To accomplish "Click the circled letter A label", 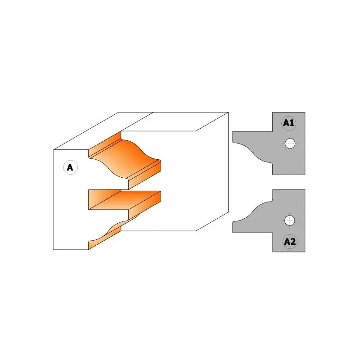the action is coord(70,167).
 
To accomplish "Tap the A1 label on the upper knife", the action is coord(288,123).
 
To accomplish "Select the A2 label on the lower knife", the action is coord(289,242).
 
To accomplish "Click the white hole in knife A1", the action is coord(290,144).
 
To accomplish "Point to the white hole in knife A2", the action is coord(289,220).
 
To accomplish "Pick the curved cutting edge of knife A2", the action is coord(252,211).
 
